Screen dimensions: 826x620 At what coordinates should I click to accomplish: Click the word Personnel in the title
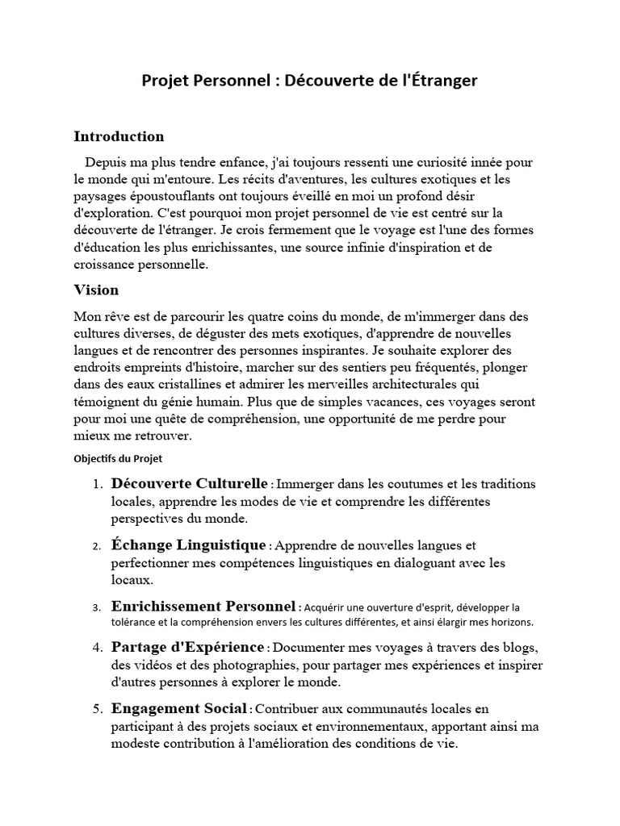(226, 81)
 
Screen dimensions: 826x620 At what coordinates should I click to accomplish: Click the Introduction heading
(119, 136)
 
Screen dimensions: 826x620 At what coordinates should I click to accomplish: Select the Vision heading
(96, 290)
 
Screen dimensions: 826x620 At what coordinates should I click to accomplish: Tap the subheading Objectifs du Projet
(118, 458)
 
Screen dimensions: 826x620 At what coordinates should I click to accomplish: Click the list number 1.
(96, 484)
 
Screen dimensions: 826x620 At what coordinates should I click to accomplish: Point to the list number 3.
(96, 607)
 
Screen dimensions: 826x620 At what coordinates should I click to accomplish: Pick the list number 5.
(96, 710)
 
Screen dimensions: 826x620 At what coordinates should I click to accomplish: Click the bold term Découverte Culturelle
(190, 483)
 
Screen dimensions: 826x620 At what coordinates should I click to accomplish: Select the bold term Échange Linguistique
(188, 544)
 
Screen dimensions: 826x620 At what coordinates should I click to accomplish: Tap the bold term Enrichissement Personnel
(204, 606)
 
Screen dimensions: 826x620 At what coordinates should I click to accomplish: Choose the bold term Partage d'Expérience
(188, 647)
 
